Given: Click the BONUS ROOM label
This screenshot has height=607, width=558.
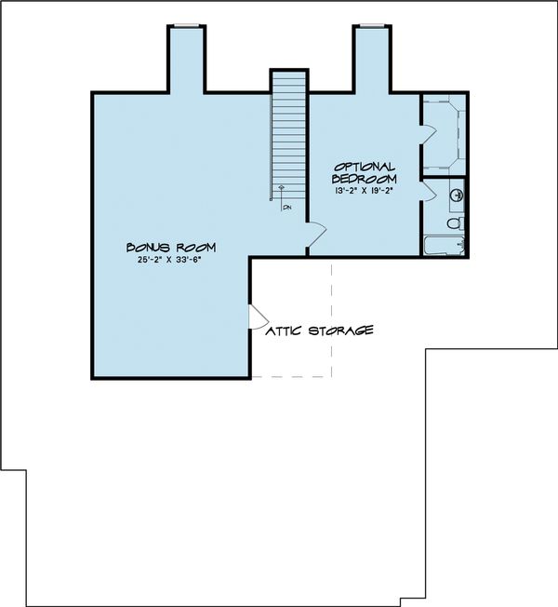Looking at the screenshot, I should coord(171,247).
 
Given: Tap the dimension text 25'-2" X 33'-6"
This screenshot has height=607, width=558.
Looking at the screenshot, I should coord(171,261).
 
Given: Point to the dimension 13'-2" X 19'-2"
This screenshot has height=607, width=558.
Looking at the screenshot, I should coord(365,190).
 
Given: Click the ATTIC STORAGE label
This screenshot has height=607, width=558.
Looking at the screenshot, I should coord(320,330).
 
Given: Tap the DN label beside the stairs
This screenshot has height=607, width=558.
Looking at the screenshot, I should coord(286,207).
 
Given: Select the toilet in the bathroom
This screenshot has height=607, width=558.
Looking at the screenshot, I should coord(454,223).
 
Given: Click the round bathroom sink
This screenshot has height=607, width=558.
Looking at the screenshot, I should coord(457,196).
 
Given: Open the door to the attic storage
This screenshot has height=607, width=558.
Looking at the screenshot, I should coord(256,317).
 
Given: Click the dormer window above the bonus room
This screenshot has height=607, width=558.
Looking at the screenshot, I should coord(186,26).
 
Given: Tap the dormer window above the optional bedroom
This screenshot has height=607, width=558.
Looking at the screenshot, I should coord(371,26).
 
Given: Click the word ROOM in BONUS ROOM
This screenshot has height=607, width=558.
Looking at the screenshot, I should coord(197,247).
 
